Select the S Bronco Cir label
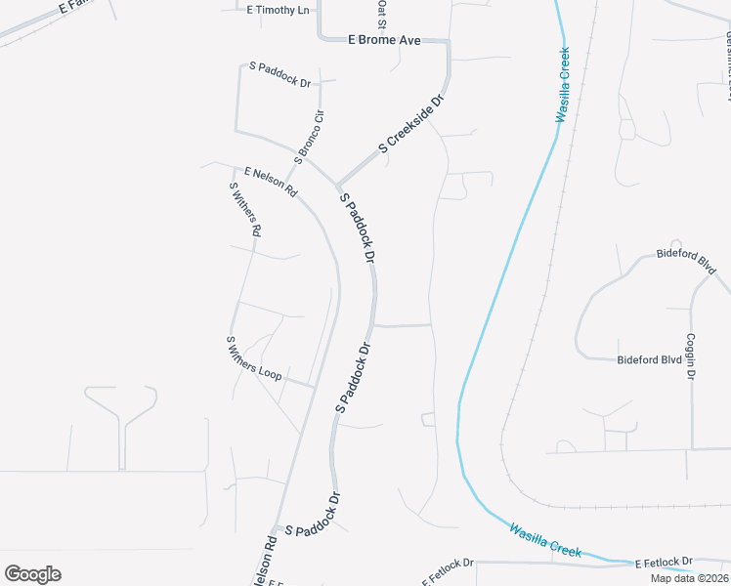click(x=308, y=138)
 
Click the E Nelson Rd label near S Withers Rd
click(x=271, y=183)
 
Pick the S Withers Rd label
click(x=244, y=210)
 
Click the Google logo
click(x=33, y=574)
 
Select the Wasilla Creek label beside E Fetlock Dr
click(x=544, y=540)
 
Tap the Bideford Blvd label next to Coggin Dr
click(x=649, y=359)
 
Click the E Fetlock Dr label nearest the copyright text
click(x=664, y=563)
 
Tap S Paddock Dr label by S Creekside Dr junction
click(x=357, y=229)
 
